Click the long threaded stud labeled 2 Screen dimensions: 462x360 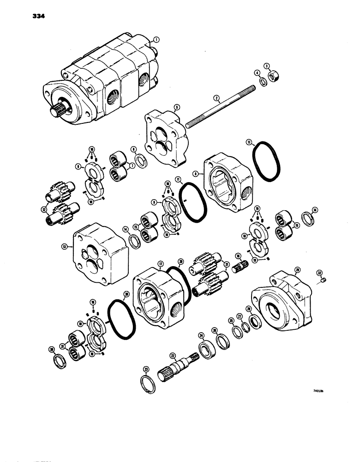click(x=217, y=105)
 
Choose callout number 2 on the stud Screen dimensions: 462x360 click(x=216, y=97)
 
